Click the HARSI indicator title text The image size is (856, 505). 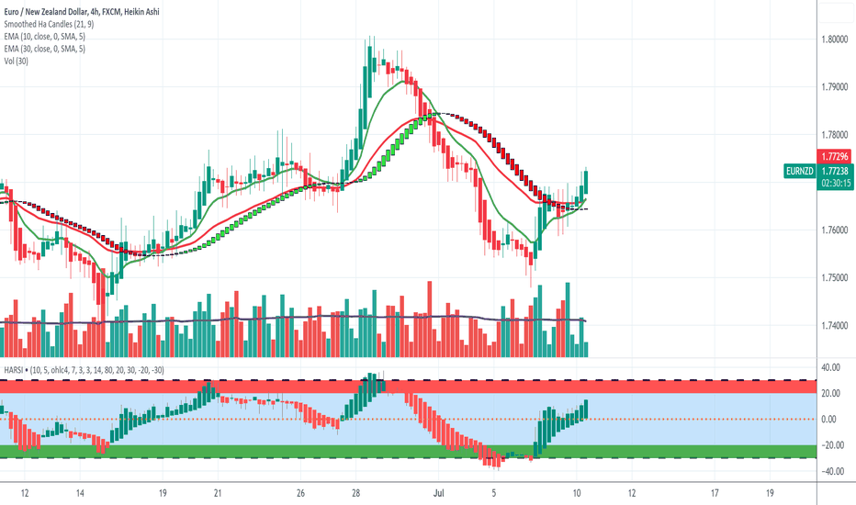coord(14,369)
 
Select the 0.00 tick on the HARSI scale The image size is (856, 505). coord(830,419)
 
